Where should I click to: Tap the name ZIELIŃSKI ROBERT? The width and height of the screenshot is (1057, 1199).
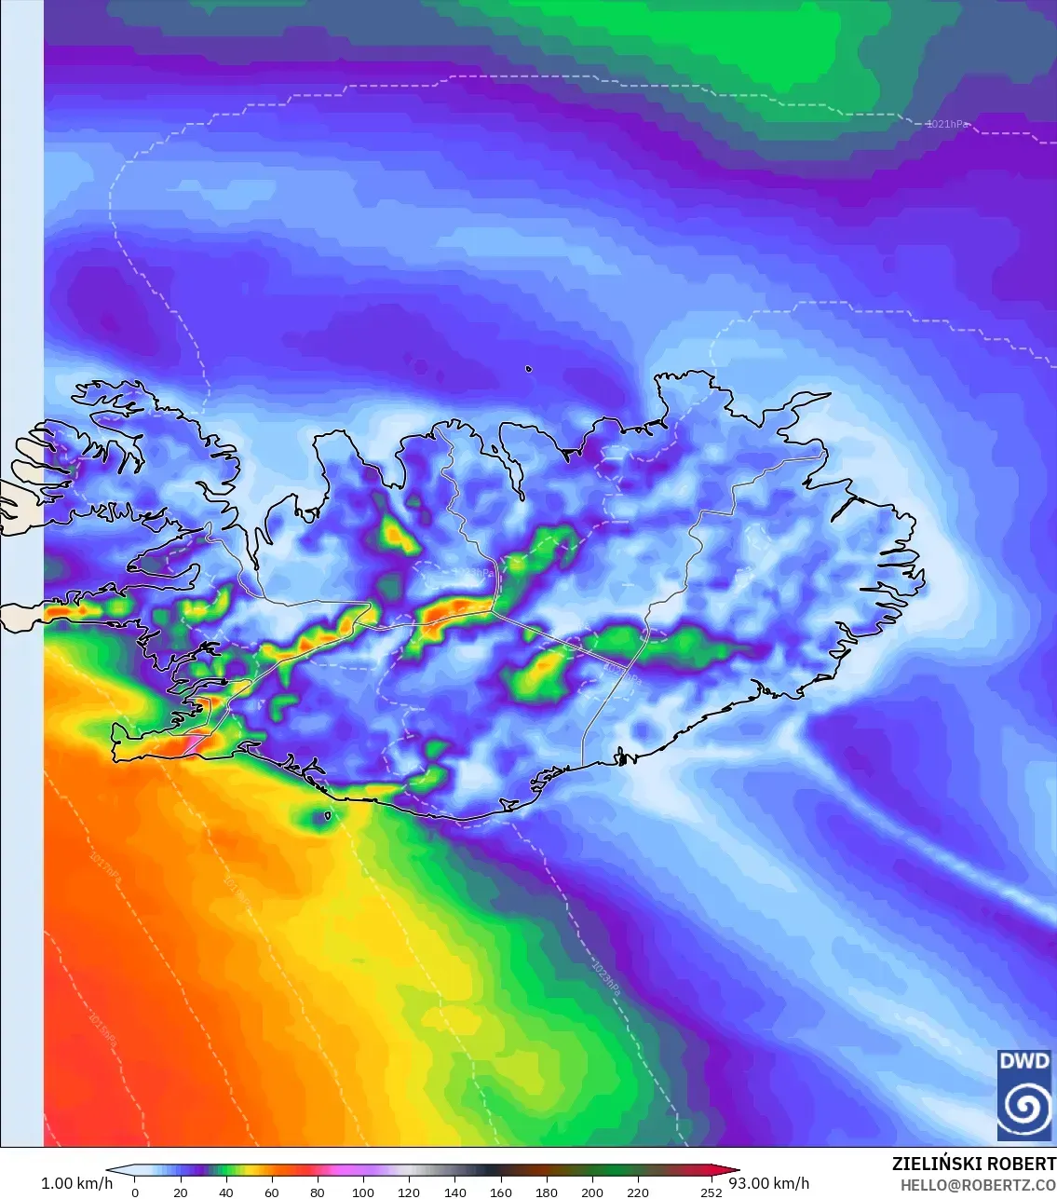pos(973,1164)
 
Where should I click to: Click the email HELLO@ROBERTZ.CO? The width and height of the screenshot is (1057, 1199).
pos(978,1185)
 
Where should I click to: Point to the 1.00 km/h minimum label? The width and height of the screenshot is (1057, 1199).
pos(76,1183)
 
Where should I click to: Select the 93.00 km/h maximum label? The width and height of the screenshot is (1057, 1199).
pos(769,1183)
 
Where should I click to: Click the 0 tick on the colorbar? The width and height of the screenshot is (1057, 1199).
pos(135,1192)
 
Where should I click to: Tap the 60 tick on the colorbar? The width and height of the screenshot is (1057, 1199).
pos(272,1192)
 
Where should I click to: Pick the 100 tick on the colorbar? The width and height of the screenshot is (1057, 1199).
pos(363,1192)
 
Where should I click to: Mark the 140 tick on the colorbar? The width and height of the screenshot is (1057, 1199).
pos(454,1192)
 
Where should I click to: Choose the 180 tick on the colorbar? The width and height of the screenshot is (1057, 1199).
pos(547,1192)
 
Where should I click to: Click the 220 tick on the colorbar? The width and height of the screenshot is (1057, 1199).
pos(638,1192)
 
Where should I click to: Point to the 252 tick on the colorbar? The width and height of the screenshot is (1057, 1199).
pos(711,1192)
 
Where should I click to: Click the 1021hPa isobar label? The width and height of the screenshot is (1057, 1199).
pos(948,124)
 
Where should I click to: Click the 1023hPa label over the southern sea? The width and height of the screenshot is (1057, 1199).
pos(605,979)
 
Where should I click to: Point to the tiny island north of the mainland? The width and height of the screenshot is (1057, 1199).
pos(529,369)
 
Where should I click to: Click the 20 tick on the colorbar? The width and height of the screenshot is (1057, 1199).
pos(181,1192)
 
